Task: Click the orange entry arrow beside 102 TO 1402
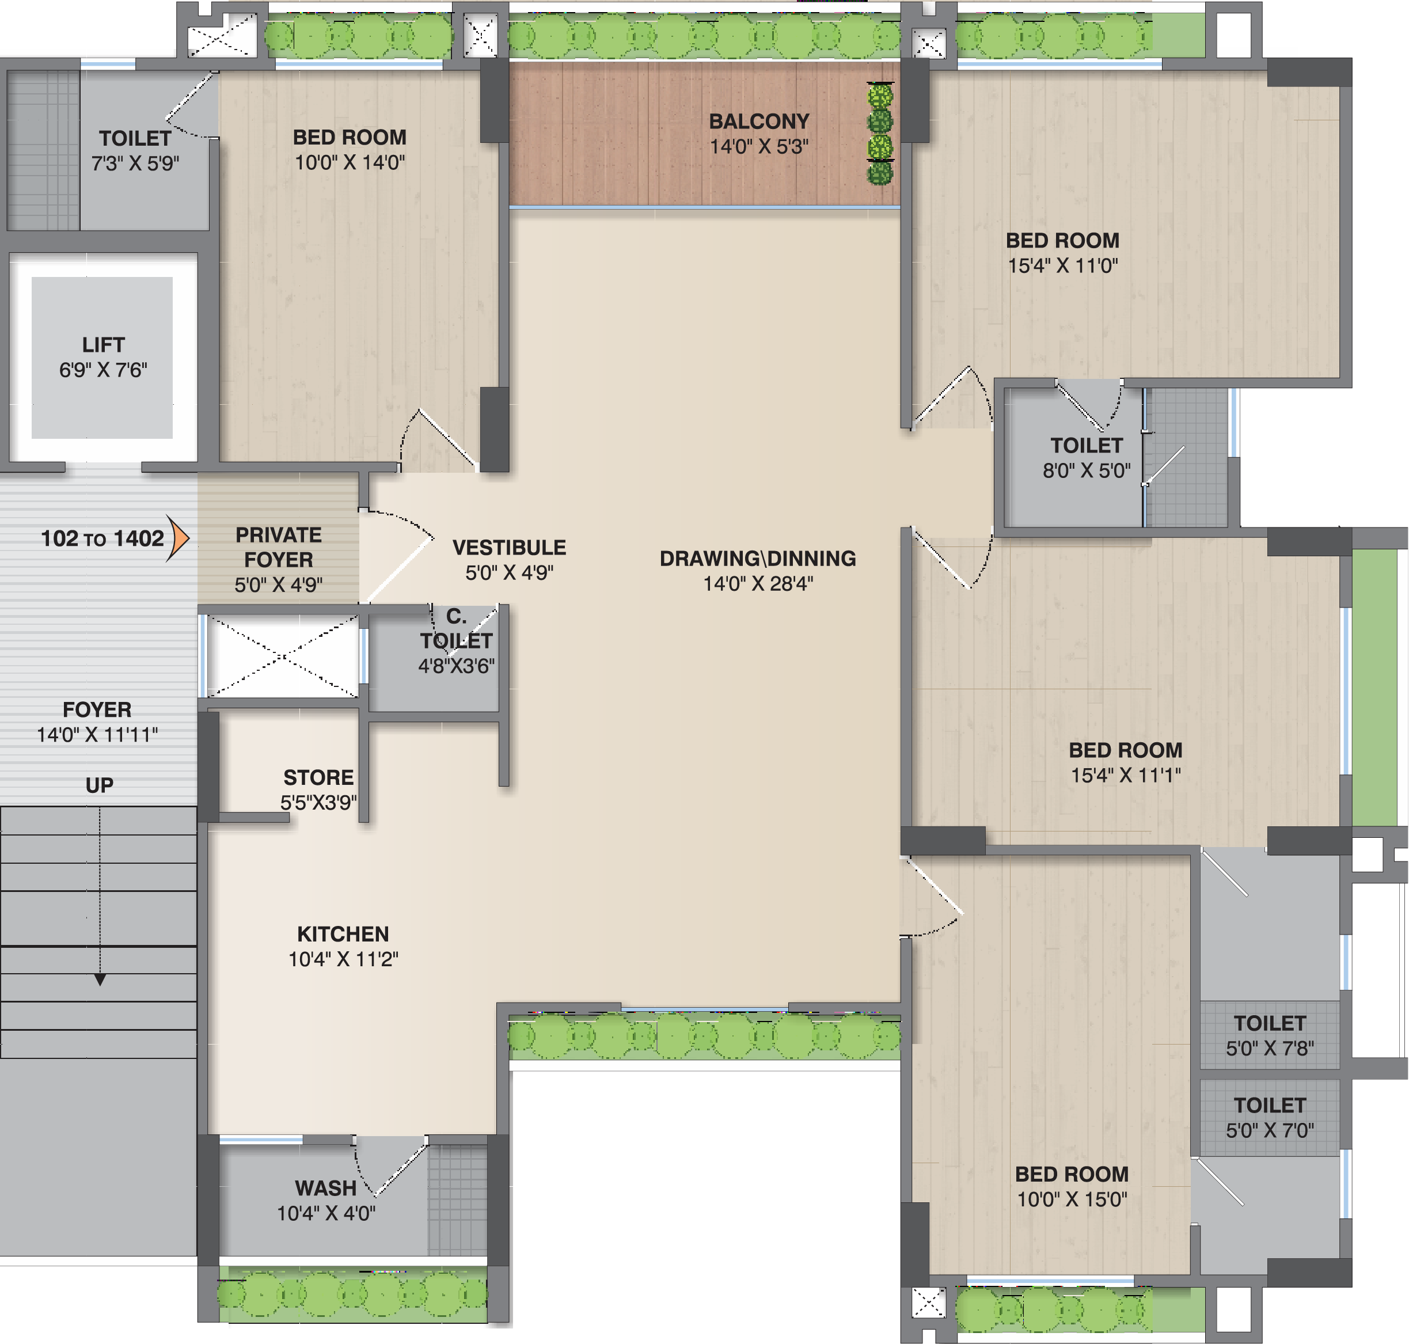(179, 537)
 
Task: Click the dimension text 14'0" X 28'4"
(758, 583)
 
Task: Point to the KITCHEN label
(343, 933)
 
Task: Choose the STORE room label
(318, 777)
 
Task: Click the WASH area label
(325, 1188)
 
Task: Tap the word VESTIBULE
(510, 548)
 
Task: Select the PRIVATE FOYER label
(279, 548)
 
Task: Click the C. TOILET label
(456, 628)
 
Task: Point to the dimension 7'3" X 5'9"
(135, 164)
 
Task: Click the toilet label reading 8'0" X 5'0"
(1087, 470)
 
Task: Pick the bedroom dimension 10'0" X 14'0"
(350, 162)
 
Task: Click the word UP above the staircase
(100, 785)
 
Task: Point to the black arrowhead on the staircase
(100, 979)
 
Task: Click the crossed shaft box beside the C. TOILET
(283, 655)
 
